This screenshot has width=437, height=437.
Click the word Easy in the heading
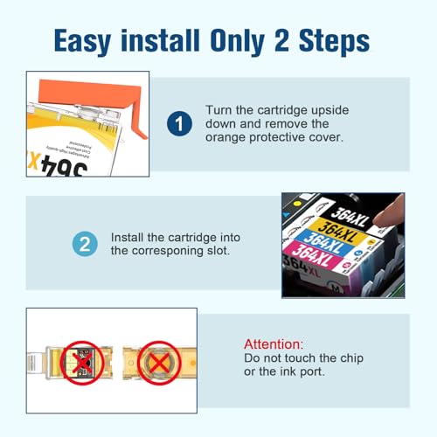pos(82,41)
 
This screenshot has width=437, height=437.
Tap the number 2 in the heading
pos(281,40)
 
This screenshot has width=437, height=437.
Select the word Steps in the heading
pos(334,42)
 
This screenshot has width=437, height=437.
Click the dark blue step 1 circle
pos(179,123)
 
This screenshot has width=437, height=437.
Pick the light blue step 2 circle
pos(85,244)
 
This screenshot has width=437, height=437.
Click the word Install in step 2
pos(128,238)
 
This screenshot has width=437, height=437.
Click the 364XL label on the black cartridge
pos(350,218)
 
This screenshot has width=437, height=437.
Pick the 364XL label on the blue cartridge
pos(323,243)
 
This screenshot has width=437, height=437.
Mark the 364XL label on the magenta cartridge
pos(312,255)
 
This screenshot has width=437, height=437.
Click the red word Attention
pos(274,344)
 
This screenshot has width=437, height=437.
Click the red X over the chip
pos(82,363)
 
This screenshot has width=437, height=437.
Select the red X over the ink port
pos(159,364)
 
